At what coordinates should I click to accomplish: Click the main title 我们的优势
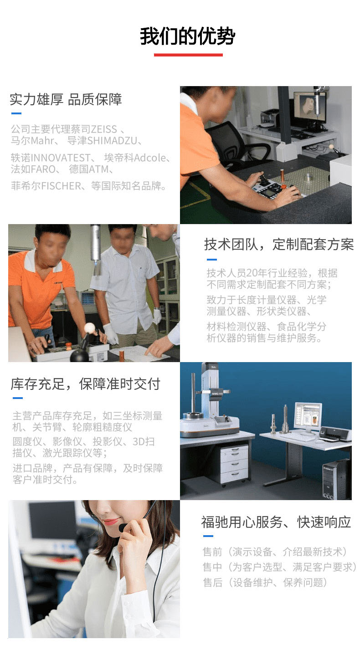tap(187, 36)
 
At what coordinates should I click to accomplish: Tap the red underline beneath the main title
tap(188, 55)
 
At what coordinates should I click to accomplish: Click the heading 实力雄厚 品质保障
tap(66, 99)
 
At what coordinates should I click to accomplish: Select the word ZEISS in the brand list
tap(103, 129)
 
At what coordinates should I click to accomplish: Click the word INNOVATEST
tap(61, 158)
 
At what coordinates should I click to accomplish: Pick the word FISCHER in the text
tap(61, 186)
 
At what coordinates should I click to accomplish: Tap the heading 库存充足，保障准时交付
tap(86, 384)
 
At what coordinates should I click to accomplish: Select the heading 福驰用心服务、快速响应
tap(276, 522)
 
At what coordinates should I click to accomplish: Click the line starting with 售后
tap(265, 583)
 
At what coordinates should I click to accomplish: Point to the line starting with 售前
tap(275, 552)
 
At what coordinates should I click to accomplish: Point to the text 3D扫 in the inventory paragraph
tap(144, 441)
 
